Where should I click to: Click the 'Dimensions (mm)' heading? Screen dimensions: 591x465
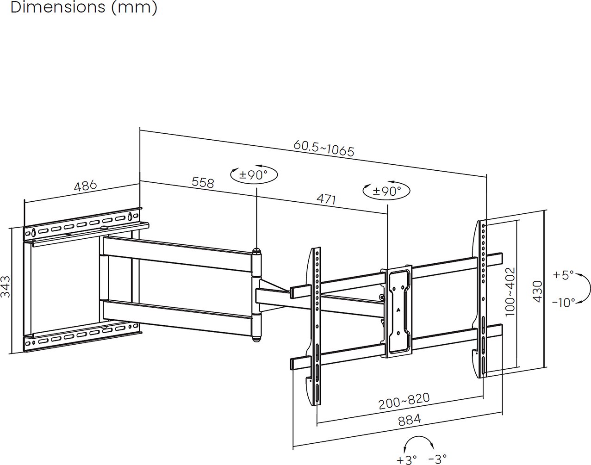(x=84, y=7)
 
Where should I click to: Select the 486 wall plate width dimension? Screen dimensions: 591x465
(x=86, y=186)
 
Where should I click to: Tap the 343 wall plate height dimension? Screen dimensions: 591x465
(x=6, y=287)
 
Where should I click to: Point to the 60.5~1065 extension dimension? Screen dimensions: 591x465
(x=324, y=149)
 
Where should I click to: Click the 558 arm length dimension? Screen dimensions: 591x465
(x=203, y=182)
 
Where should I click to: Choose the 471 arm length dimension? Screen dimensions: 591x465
(x=326, y=199)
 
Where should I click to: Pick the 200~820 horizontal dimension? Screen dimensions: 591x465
(x=404, y=401)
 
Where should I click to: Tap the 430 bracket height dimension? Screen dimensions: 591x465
(x=538, y=291)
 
